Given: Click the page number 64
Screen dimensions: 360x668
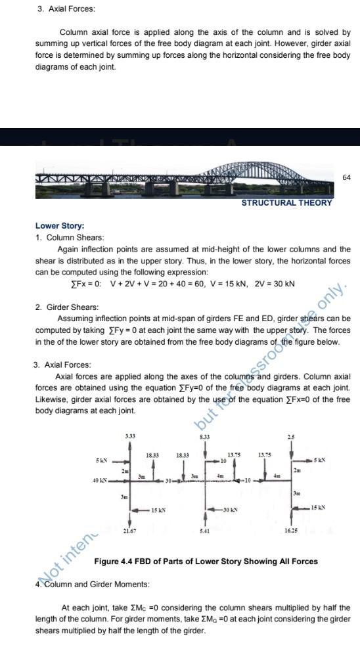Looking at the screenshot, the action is click(x=347, y=178).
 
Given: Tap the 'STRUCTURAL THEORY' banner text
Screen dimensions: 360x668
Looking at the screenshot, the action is click(x=286, y=203).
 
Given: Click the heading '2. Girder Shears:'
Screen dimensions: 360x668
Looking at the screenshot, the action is click(x=67, y=307).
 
